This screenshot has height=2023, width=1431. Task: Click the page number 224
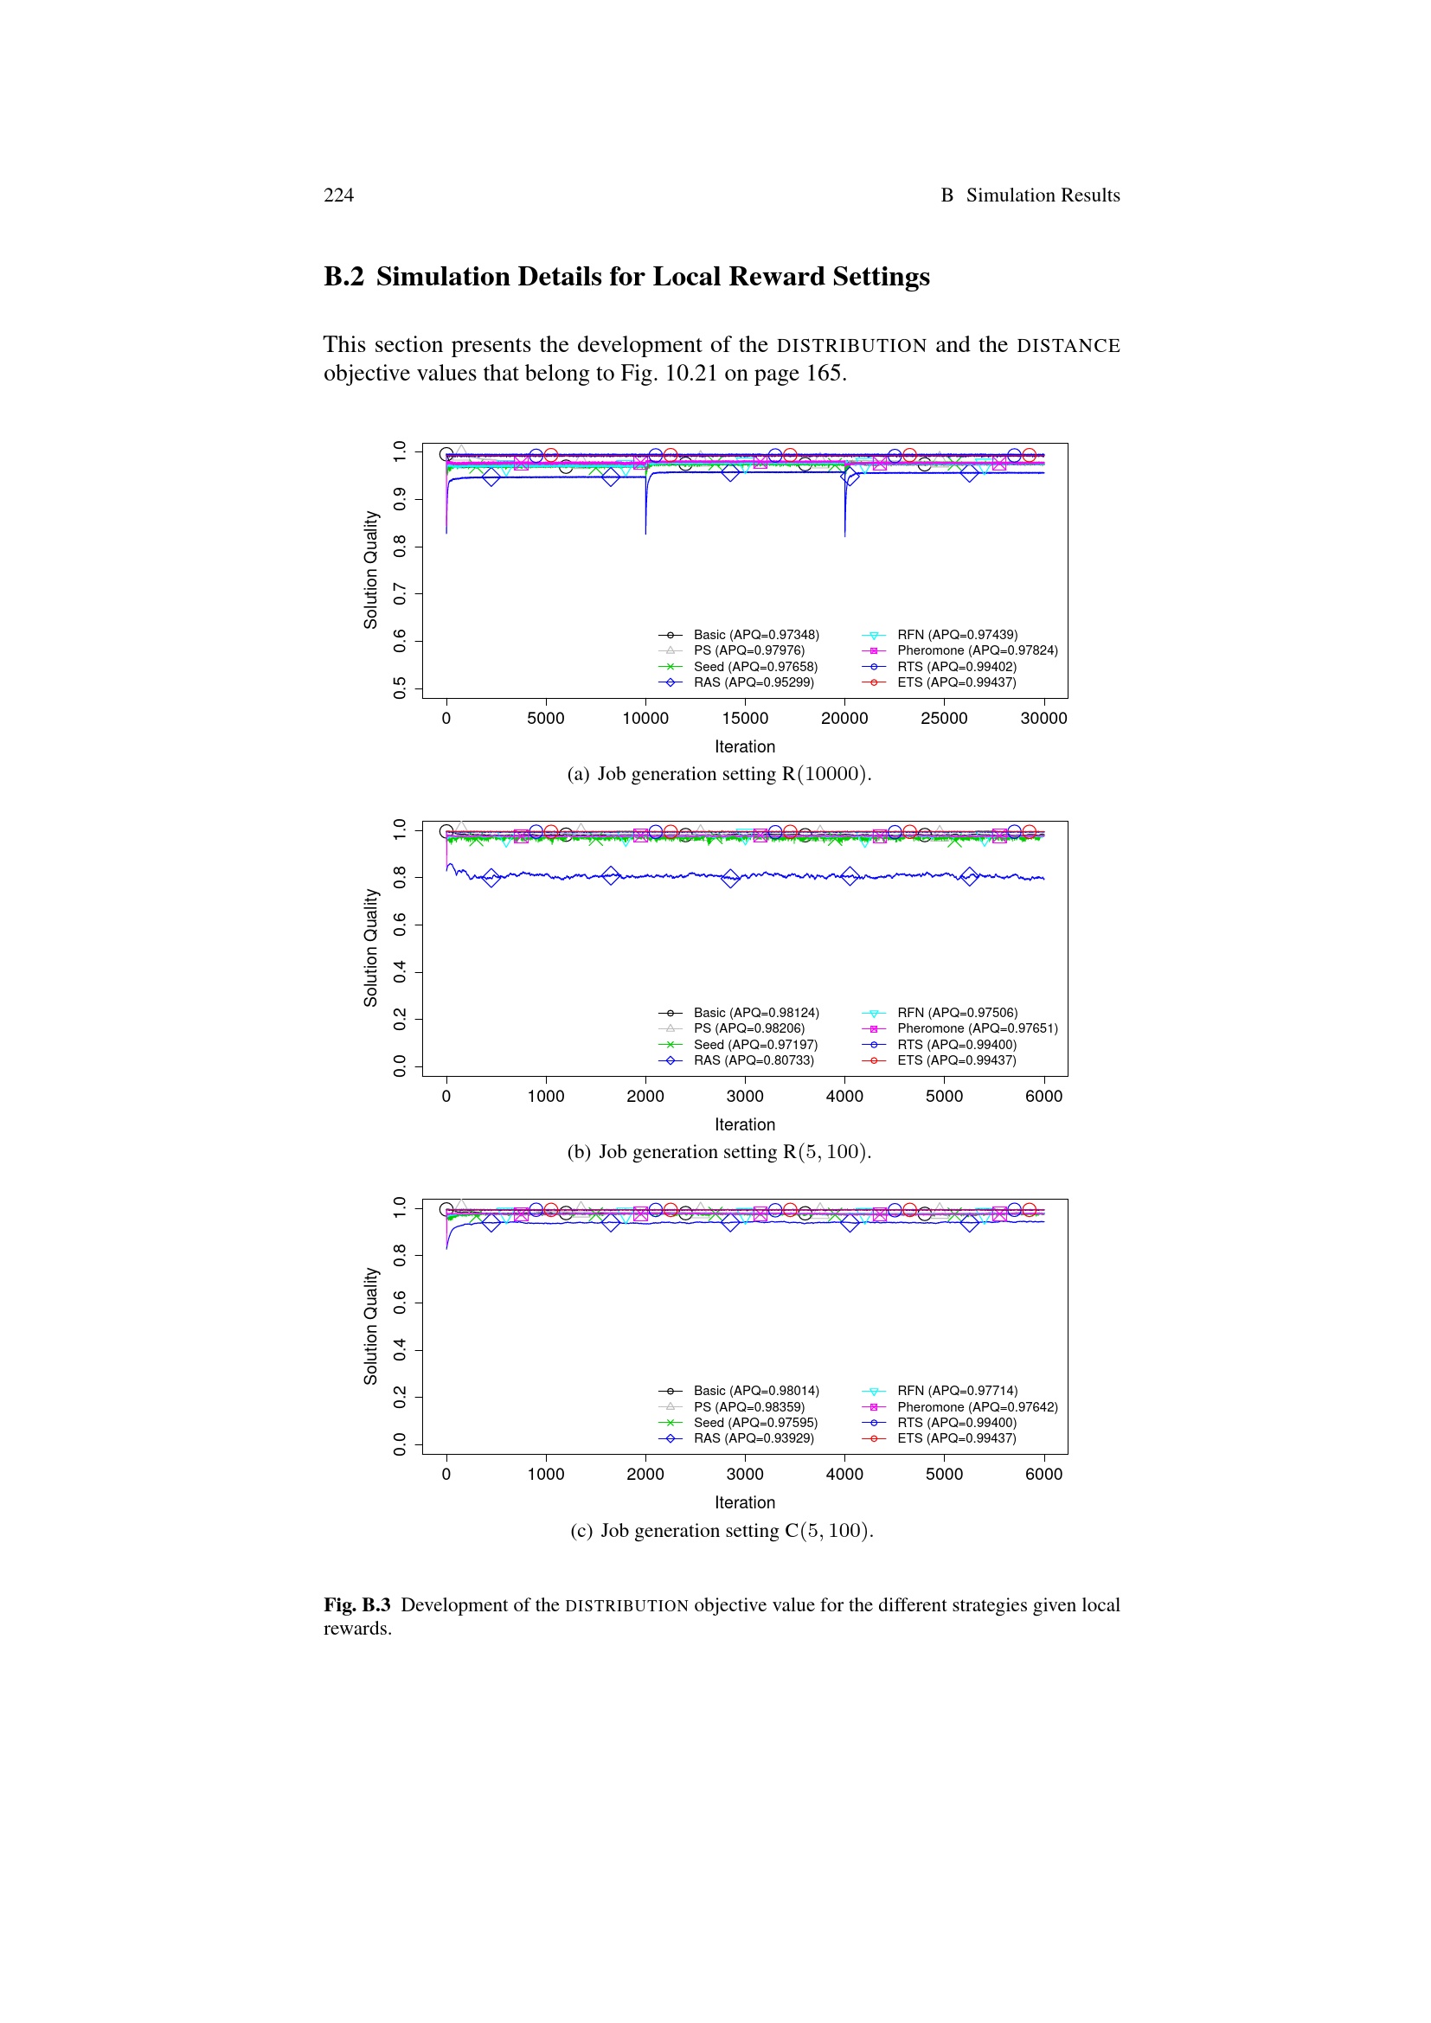[338, 195]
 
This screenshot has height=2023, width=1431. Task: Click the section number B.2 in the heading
[343, 277]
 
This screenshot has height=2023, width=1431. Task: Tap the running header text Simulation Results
[1043, 195]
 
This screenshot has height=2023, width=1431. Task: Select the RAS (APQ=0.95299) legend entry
[753, 682]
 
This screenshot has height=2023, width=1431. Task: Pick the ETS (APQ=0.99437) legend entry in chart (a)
[956, 682]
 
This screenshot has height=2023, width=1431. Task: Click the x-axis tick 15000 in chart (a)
[745, 718]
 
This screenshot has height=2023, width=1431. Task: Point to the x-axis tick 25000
[944, 718]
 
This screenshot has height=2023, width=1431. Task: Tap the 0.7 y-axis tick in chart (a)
[400, 593]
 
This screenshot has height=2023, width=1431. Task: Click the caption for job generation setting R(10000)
[719, 773]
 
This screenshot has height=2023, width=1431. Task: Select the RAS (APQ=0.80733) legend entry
[753, 1060]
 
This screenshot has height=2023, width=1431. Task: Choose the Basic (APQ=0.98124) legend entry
[755, 1013]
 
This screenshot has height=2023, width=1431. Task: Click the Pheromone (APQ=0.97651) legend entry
[976, 1028]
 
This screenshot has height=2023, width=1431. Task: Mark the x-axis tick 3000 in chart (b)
[745, 1096]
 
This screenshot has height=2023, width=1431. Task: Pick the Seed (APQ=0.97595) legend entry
[754, 1422]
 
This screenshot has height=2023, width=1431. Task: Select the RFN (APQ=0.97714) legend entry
[956, 1391]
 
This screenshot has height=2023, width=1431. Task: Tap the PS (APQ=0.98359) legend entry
[748, 1407]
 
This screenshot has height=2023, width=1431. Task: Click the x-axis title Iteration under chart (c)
[745, 1502]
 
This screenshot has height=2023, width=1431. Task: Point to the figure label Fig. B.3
[356, 1604]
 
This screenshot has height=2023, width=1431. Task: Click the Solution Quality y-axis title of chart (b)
[371, 947]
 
